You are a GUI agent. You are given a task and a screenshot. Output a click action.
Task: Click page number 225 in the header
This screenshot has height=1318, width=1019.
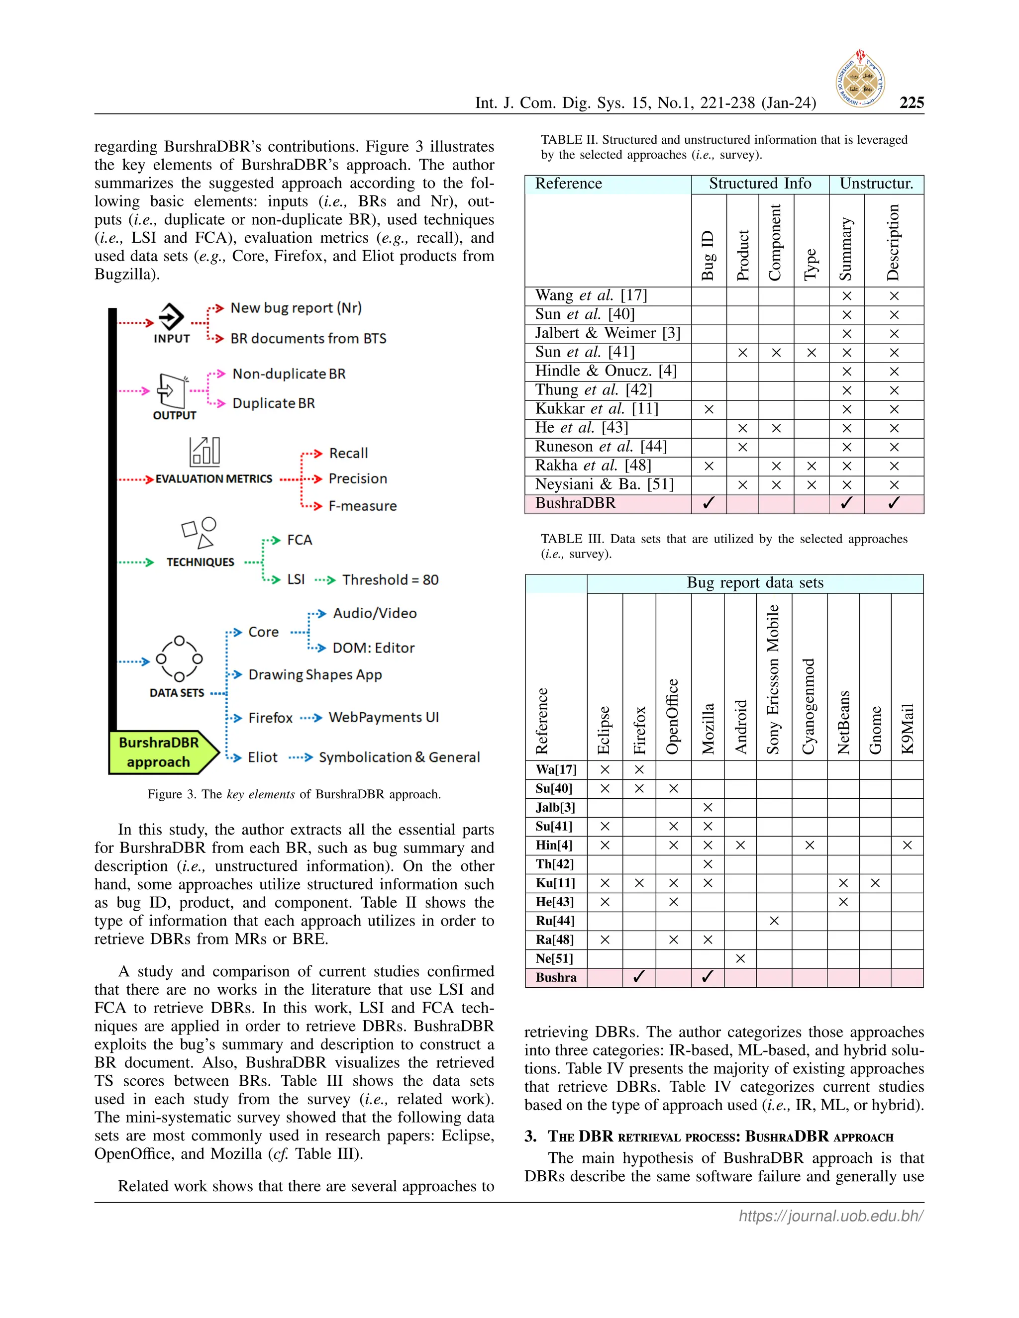tap(911, 102)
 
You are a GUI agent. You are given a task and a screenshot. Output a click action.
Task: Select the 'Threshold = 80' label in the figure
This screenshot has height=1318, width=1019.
tap(391, 580)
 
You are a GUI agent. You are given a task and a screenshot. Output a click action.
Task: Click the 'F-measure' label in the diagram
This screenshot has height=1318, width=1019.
tap(362, 506)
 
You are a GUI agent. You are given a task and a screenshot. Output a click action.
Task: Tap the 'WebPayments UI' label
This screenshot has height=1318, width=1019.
tap(383, 718)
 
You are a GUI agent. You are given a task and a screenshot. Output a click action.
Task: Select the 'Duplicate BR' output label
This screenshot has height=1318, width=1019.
tap(274, 403)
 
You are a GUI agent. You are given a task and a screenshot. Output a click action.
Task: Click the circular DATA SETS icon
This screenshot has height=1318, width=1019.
tap(179, 659)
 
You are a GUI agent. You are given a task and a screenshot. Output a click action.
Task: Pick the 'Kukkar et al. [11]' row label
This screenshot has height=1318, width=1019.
tap(596, 409)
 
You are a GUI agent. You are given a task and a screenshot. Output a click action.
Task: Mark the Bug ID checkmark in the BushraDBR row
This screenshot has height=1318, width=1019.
tap(709, 503)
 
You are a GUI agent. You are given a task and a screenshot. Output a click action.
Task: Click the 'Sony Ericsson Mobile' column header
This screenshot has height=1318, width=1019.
tap(773, 679)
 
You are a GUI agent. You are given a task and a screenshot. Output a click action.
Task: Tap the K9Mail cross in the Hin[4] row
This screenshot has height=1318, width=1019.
tap(907, 846)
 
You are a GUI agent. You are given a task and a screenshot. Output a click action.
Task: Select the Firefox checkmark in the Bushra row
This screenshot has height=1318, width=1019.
tap(639, 977)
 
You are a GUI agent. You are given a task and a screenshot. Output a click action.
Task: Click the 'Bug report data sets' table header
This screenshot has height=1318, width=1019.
tap(755, 583)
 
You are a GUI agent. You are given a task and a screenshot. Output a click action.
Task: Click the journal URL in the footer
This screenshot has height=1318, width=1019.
tap(830, 1216)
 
